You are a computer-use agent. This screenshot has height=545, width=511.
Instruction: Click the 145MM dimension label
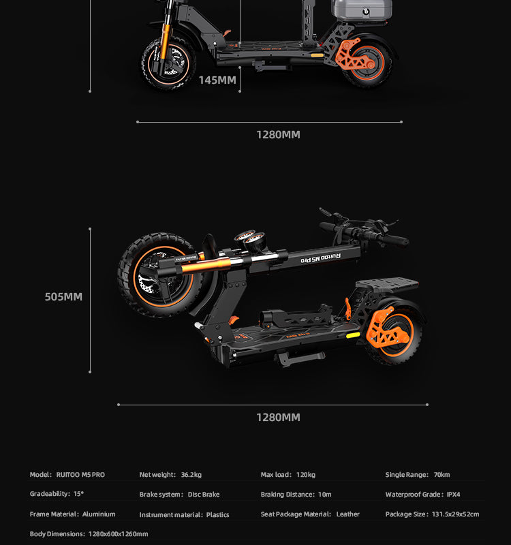(217, 80)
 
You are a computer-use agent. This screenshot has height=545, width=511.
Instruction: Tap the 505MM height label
(63, 297)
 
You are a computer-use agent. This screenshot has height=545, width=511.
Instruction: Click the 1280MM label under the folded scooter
(278, 418)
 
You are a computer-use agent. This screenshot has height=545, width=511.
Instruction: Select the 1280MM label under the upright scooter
(278, 135)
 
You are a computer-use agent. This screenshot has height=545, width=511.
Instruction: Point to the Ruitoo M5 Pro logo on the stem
(320, 258)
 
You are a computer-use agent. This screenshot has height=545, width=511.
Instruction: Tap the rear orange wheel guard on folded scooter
(385, 327)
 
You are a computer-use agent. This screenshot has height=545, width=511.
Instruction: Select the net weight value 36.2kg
(191, 475)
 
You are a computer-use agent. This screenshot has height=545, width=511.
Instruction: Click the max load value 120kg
(306, 475)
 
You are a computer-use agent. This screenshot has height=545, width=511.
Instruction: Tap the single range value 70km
(442, 475)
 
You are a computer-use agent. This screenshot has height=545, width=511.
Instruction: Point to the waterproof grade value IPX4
(453, 495)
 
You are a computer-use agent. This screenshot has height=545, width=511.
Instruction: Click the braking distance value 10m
(324, 495)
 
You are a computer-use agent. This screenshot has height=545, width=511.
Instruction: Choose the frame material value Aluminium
(99, 514)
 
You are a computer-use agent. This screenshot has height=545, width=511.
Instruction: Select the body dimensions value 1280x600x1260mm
(118, 534)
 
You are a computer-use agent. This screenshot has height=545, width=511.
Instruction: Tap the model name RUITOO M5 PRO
(80, 475)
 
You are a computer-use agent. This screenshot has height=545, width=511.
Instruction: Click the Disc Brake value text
(204, 495)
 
